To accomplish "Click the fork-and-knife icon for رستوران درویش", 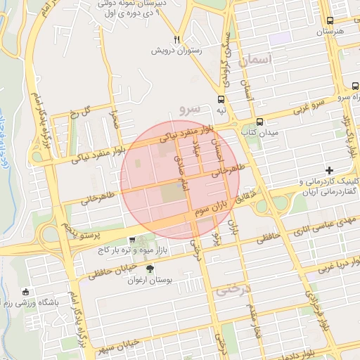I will coord(177,39).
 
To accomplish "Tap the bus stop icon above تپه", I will coord(221,99).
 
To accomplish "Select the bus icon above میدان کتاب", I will coord(259,121).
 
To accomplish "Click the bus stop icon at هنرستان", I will coord(329,21).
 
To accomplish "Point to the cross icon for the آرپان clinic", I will coord(329,171).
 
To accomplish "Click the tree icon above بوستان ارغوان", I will coord(149,269).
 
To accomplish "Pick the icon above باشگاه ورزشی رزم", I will coord(27,292).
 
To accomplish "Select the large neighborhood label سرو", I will coord(190,108).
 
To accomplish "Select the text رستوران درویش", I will coord(179,51).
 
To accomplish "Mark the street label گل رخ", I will coord(82,112).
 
